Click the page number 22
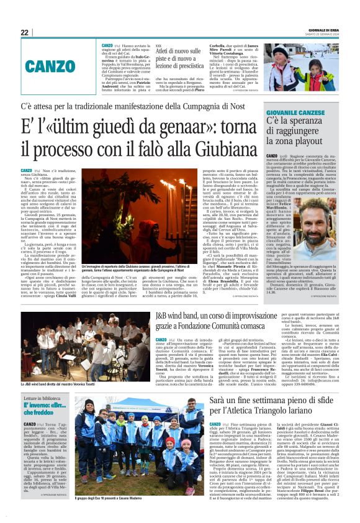[24, 32]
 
